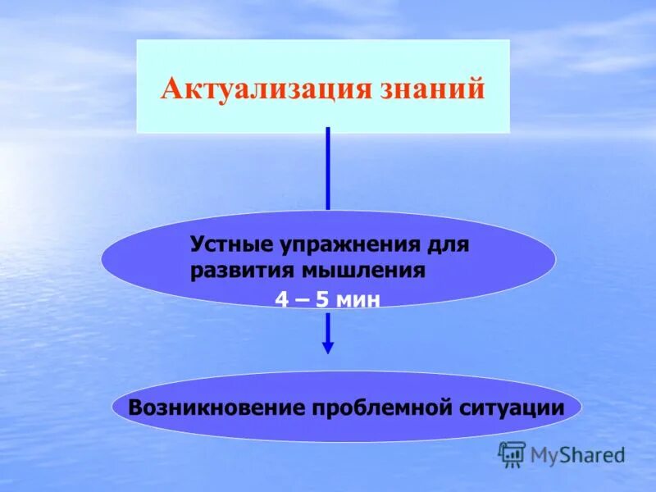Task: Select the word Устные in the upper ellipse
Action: [x=230, y=244]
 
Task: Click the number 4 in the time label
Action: [x=282, y=300]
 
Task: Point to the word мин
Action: [x=360, y=300]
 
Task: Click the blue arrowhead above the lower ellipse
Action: [x=328, y=348]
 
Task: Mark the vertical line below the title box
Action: [x=328, y=168]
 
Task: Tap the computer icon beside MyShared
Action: [x=512, y=453]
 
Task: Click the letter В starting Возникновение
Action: [x=136, y=407]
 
